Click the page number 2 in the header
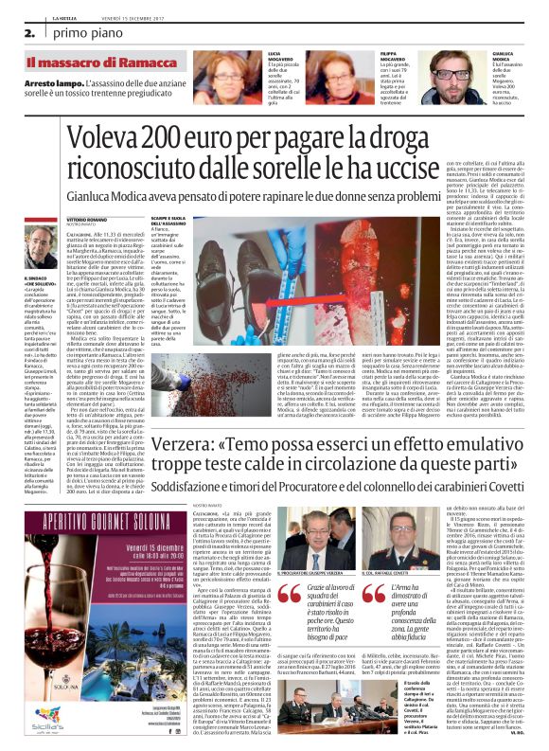17,32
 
